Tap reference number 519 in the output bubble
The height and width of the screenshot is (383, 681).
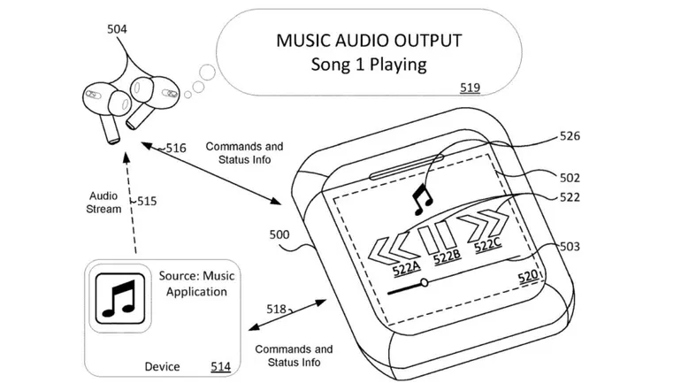pyautogui.click(x=471, y=88)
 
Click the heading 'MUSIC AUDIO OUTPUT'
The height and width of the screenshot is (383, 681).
pyautogui.click(x=368, y=41)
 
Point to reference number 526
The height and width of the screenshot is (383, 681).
pyautogui.click(x=571, y=136)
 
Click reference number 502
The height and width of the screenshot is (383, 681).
pyautogui.click(x=571, y=177)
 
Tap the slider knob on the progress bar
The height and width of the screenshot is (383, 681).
pyautogui.click(x=425, y=283)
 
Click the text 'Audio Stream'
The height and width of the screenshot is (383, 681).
pyautogui.click(x=104, y=203)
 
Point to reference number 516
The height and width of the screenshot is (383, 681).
pyautogui.click(x=175, y=149)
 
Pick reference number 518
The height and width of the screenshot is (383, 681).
pyautogui.click(x=277, y=309)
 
